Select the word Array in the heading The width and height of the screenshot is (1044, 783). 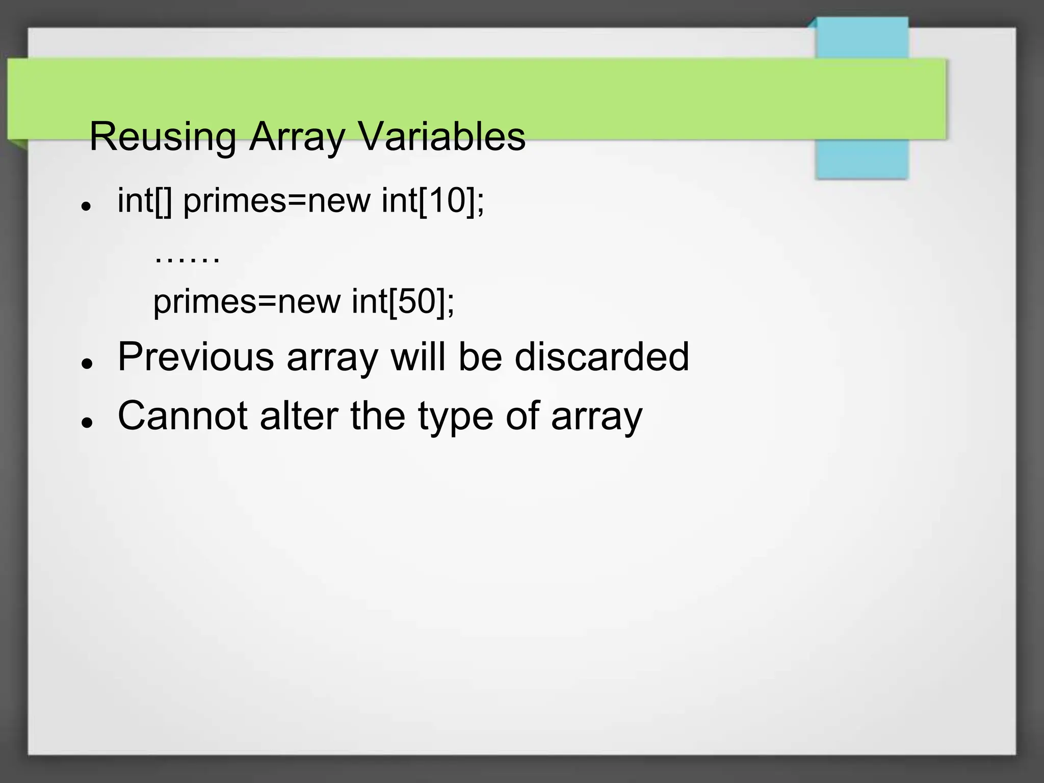(x=297, y=137)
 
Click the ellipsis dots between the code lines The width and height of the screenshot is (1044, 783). (x=187, y=260)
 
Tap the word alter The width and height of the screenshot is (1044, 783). (x=299, y=415)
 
